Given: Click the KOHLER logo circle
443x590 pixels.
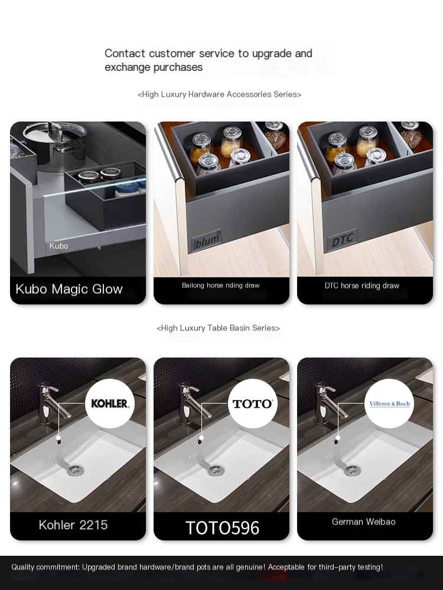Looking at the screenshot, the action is click(110, 404).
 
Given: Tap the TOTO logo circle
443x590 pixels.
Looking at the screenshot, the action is click(253, 404).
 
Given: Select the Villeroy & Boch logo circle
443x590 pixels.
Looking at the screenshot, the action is click(389, 404).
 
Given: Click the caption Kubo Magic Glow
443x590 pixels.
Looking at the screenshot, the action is click(69, 289).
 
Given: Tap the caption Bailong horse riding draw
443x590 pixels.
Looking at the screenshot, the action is click(221, 285).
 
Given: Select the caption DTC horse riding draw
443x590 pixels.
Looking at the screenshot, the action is click(362, 286).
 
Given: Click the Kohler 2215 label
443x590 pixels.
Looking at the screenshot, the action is click(73, 525).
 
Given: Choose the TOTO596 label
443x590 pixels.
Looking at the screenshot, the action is click(222, 527).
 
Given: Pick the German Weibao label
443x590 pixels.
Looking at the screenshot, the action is click(363, 522).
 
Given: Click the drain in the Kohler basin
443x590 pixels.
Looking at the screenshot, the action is click(76, 470).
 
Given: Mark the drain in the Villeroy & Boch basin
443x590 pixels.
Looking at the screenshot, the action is click(353, 469).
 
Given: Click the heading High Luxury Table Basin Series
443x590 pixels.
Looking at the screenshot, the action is click(218, 328).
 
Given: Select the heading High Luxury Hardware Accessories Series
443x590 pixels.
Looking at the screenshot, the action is click(219, 94).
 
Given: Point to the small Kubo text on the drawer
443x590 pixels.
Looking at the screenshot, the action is click(58, 245).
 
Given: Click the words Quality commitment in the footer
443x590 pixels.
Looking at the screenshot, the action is click(45, 567).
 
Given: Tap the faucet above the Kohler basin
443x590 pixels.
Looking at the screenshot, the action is click(53, 402).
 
